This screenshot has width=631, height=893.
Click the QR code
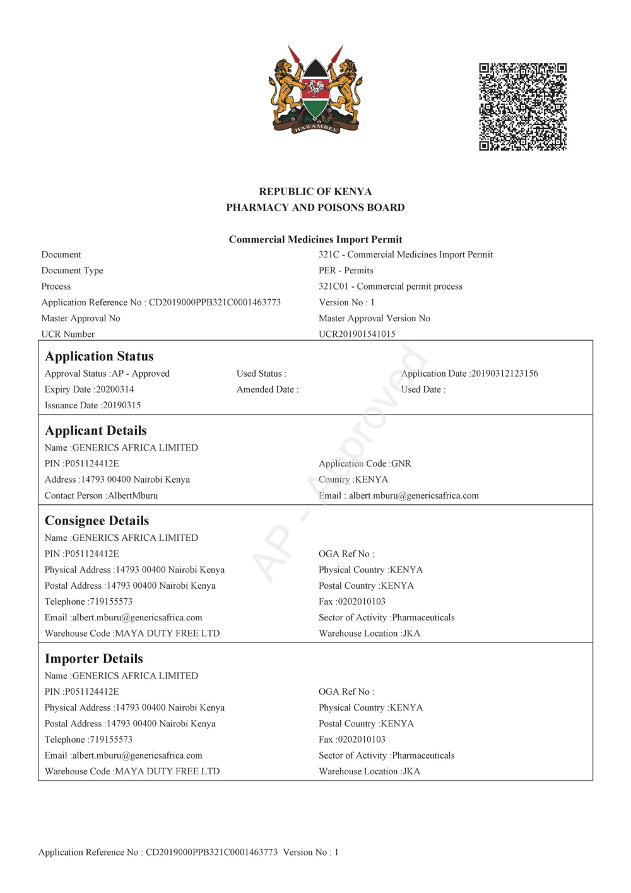click(x=522, y=107)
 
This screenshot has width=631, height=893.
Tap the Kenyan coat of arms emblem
click(x=315, y=90)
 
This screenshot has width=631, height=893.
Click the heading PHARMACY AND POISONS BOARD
click(x=315, y=208)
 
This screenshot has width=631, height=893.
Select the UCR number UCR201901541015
click(x=357, y=334)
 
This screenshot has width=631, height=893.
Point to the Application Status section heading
click(x=99, y=357)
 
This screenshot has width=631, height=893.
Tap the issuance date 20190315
click(x=122, y=405)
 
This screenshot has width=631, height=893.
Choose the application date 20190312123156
click(x=504, y=374)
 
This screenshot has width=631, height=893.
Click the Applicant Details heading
click(x=96, y=431)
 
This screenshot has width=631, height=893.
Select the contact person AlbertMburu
click(x=133, y=495)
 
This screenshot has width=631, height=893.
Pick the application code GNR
click(x=401, y=464)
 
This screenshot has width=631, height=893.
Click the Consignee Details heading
click(x=97, y=521)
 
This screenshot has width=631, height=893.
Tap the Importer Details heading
click(x=94, y=659)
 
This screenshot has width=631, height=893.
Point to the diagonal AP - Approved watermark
click(x=341, y=464)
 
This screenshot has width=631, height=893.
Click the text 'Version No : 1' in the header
click(x=347, y=302)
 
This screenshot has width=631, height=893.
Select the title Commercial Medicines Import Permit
click(x=315, y=240)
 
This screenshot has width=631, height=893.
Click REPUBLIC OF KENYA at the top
click(x=315, y=192)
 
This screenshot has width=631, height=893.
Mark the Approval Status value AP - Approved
click(x=140, y=374)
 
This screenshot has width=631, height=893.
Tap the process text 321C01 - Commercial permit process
click(x=391, y=287)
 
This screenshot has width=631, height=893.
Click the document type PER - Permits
click(x=346, y=271)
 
